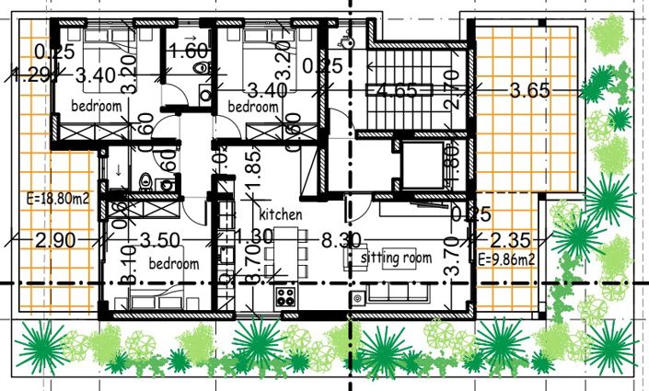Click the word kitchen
(x=281, y=213)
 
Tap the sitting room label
(x=396, y=258)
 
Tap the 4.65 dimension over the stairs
(x=398, y=90)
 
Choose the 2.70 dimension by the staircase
(x=451, y=92)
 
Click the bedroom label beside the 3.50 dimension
(x=174, y=264)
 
